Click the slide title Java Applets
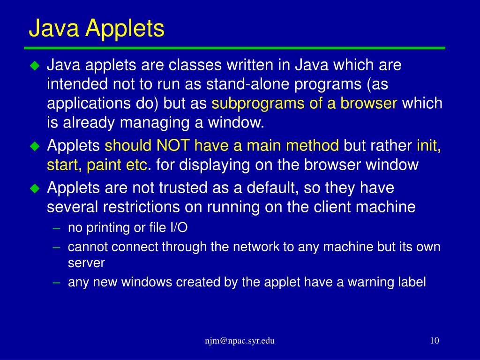[97, 28]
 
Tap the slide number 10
[434, 341]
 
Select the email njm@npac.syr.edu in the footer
[240, 341]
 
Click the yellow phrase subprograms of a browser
[305, 104]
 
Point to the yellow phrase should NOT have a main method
[222, 146]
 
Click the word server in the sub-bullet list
[86, 262]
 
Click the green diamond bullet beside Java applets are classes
[35, 66]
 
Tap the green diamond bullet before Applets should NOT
[35, 146]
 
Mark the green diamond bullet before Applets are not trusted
[35, 188]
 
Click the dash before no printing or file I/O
[57, 228]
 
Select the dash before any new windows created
[57, 282]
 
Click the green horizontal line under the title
[234, 48]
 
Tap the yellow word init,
[428, 146]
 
